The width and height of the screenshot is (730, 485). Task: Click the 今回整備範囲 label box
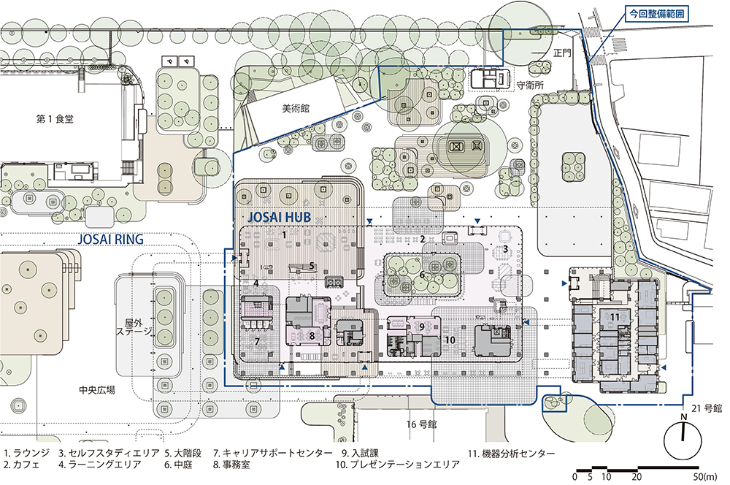tap(657, 14)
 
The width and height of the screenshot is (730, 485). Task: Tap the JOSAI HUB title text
tap(279, 217)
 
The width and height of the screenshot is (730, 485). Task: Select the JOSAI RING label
tap(110, 240)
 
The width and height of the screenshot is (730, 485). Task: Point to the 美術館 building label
tap(296, 109)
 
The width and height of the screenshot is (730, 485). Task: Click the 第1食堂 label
tap(55, 119)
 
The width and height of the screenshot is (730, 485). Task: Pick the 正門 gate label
tap(562, 53)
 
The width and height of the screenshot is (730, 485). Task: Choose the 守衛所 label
tap(530, 85)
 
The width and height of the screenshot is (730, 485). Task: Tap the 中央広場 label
tap(97, 390)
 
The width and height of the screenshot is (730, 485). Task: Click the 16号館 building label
tap(421, 424)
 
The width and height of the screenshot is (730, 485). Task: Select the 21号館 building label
tap(706, 408)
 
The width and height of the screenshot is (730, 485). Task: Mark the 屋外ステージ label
tap(134, 327)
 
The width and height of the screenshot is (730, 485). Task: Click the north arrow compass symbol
tap(683, 439)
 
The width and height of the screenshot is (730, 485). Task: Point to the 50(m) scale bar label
tap(705, 477)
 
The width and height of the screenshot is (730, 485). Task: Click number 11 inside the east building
tap(615, 317)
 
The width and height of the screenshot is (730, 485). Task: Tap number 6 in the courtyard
tap(422, 275)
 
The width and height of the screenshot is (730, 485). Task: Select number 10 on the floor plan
tap(450, 340)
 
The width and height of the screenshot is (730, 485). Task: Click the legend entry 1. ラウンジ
tap(26, 454)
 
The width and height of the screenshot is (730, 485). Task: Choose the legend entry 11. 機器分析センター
tap(511, 454)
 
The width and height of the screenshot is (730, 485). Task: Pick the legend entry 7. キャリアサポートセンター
tap(273, 454)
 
